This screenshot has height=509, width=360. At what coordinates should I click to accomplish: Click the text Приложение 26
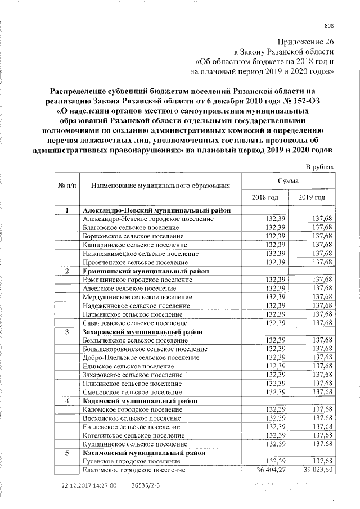308,42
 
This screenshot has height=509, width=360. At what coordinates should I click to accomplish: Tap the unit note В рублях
320,167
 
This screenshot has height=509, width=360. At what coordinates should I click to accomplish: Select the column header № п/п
67,184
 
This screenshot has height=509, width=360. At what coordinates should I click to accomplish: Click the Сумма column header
288,181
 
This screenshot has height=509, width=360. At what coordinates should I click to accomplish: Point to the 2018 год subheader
264,197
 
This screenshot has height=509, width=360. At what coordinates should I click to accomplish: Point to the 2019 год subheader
313,197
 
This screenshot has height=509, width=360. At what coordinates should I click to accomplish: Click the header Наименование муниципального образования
161,184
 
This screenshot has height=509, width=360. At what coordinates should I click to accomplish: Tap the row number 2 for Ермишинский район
67,271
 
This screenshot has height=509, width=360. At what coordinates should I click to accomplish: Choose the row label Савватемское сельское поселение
135,323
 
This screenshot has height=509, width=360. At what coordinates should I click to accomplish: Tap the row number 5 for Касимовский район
67,452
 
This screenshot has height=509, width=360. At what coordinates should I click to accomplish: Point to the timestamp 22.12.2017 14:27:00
89,485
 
